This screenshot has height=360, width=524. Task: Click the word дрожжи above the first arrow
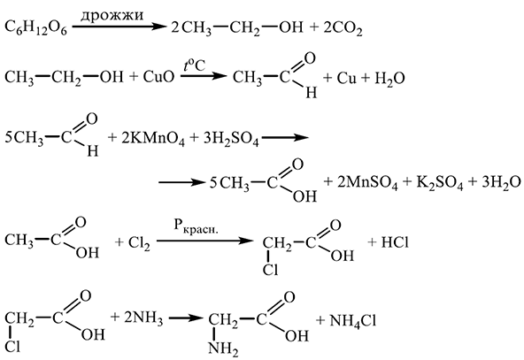click(x=112, y=15)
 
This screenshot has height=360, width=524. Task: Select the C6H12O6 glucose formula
click(x=36, y=27)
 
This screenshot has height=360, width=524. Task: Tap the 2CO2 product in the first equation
click(x=343, y=28)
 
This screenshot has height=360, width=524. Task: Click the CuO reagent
click(x=158, y=77)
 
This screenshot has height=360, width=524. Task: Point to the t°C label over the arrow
click(x=194, y=65)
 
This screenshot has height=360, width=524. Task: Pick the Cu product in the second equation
click(x=347, y=78)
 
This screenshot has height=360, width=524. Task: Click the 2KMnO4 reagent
click(x=153, y=138)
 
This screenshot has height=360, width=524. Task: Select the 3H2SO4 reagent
click(x=231, y=138)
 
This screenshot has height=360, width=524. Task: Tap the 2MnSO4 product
click(x=367, y=183)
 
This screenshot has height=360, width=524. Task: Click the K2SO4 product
click(x=439, y=183)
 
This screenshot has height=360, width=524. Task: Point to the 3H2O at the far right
click(x=501, y=183)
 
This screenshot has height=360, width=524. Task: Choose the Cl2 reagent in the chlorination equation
click(x=139, y=242)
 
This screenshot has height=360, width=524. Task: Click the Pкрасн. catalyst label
click(x=196, y=226)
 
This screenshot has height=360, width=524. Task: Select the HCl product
click(x=395, y=242)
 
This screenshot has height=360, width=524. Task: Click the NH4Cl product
click(x=353, y=321)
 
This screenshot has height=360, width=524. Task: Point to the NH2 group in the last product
click(x=223, y=349)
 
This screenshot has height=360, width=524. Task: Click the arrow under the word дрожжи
click(x=119, y=27)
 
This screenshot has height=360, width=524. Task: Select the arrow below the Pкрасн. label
click(x=204, y=241)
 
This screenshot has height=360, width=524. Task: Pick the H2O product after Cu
click(x=389, y=79)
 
